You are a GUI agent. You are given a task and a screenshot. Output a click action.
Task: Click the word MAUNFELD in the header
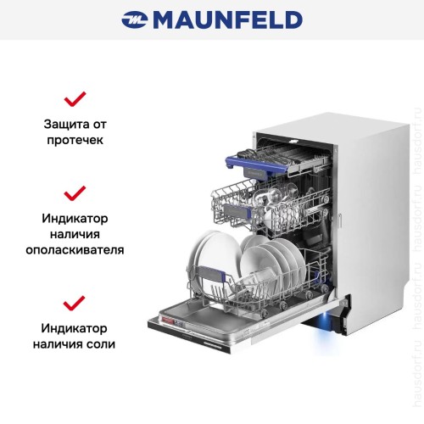tap(227, 20)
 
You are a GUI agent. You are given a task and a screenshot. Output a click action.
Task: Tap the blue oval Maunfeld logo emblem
tap(135, 20)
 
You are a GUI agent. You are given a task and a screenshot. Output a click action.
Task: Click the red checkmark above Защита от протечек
tap(75, 99)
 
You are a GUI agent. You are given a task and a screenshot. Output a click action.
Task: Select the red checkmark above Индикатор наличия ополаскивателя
tap(75, 193)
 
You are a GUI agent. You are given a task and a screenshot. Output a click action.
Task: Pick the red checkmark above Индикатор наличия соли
tap(75, 303)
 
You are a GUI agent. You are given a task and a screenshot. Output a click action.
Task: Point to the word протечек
tap(75, 140)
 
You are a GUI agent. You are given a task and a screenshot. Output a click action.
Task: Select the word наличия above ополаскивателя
tap(75, 234)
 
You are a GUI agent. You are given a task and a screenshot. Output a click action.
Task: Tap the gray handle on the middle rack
tap(237, 211)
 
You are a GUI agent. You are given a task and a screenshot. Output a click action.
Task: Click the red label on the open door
tap(167, 321)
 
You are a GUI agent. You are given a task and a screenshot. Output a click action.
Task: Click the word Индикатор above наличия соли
tap(74, 328)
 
